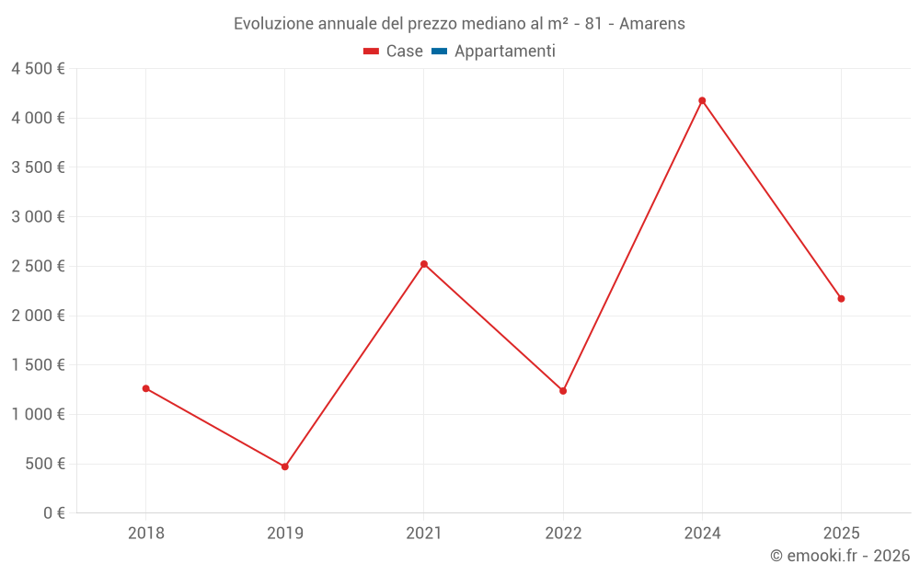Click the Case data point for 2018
pyautogui.click(x=145, y=388)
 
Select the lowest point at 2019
pyautogui.click(x=285, y=466)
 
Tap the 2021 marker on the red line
pyautogui.click(x=424, y=264)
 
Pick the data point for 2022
pyautogui.click(x=563, y=391)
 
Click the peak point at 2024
pyautogui.click(x=702, y=100)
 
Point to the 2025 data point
pyautogui.click(x=841, y=298)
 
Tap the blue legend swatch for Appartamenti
pyautogui.click(x=439, y=52)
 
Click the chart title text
pyautogui.click(x=459, y=23)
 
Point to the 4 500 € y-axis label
pyautogui.click(x=38, y=68)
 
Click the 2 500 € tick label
pyautogui.click(x=38, y=266)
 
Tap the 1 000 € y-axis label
pyautogui.click(x=38, y=414)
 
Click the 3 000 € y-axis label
pyautogui.click(x=38, y=216)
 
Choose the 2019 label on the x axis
pyautogui.click(x=285, y=533)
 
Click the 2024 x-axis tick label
pyautogui.click(x=702, y=533)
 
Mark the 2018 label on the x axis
pyautogui.click(x=145, y=533)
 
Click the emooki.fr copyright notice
pyautogui.click(x=840, y=556)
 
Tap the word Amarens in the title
pyautogui.click(x=652, y=23)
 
